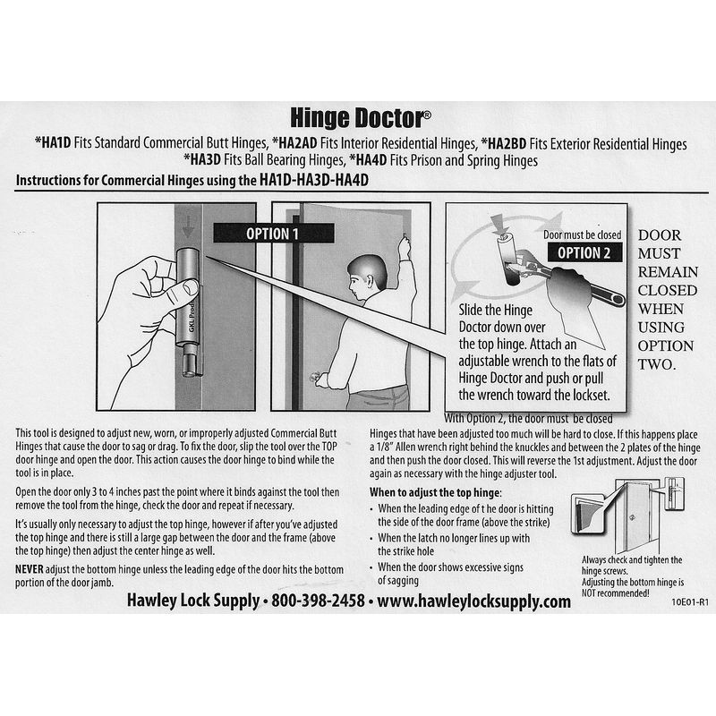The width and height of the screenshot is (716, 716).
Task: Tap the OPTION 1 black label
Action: click(273, 234)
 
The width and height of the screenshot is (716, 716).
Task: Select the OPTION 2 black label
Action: click(584, 252)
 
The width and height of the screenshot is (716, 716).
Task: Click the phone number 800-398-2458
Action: click(319, 601)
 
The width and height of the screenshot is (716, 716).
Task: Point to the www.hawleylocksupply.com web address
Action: click(474, 601)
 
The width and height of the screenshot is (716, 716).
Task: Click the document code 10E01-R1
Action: click(689, 602)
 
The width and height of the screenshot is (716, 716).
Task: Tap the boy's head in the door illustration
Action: click(366, 277)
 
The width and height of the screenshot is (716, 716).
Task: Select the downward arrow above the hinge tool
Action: click(188, 226)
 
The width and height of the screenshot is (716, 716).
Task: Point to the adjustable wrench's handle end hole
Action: click(617, 299)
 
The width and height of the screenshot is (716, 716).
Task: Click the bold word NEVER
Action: click(30, 569)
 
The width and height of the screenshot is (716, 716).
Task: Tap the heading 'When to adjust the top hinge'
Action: click(435, 493)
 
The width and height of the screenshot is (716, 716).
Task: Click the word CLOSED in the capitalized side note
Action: click(667, 290)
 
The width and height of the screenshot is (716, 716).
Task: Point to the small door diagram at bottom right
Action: click(628, 516)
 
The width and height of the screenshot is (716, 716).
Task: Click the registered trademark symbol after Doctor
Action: click(427, 115)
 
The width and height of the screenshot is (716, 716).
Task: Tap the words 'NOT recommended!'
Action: click(615, 593)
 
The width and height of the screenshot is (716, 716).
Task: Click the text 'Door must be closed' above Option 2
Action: click(583, 234)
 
